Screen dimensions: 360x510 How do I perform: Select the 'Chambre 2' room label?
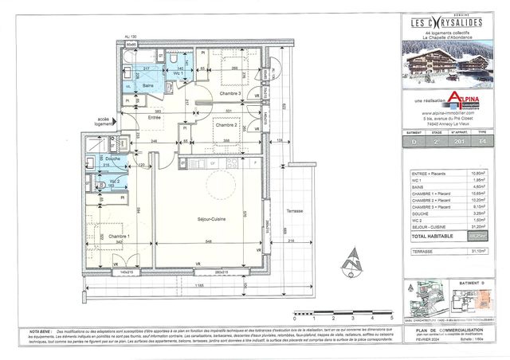226,125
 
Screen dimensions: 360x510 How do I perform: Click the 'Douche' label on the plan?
113,159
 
